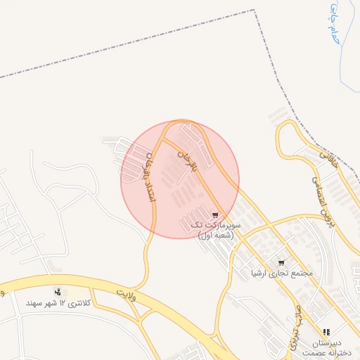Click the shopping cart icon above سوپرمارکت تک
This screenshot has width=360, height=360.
click(x=214, y=214)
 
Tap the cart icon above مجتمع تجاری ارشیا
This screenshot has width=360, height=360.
click(x=282, y=262)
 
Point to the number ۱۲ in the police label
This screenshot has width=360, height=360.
click(x=63, y=302)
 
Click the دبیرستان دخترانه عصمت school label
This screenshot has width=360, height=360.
click(x=324, y=346)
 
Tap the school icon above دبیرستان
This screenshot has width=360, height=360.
click(x=326, y=332)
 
